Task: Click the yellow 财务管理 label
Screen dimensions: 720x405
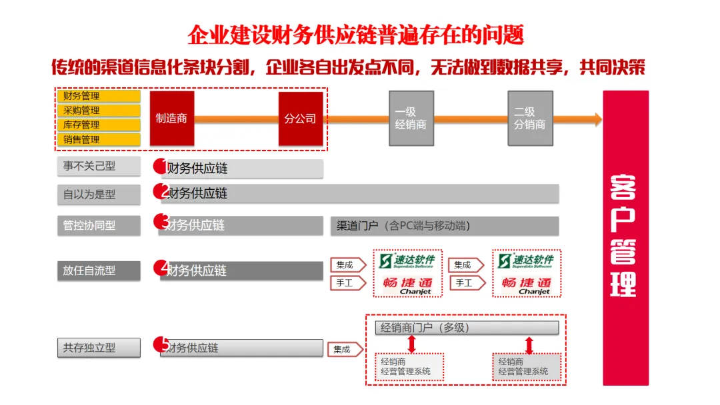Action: click(x=98, y=96)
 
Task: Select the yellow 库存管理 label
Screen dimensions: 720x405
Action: click(x=98, y=125)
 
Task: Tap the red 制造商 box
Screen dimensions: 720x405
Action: click(x=171, y=119)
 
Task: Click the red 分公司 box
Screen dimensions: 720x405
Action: click(x=300, y=119)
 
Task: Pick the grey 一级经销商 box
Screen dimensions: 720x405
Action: click(x=411, y=119)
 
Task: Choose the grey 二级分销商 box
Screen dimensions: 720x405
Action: click(x=530, y=119)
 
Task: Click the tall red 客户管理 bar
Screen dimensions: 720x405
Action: click(x=625, y=238)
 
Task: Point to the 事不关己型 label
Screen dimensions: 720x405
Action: click(x=98, y=166)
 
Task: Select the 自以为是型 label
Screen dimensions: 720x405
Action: click(x=98, y=195)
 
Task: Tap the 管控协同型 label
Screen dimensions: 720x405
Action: click(x=98, y=225)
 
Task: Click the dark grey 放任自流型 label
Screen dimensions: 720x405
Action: click(x=98, y=270)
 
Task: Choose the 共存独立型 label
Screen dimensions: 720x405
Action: click(x=98, y=348)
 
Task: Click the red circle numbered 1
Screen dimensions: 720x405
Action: click(x=160, y=165)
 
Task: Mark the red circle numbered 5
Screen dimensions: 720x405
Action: click(x=161, y=344)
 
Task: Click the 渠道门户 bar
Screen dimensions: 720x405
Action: click(x=444, y=226)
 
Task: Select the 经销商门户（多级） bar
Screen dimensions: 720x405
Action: click(x=462, y=328)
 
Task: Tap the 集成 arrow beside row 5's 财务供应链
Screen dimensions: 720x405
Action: click(x=345, y=349)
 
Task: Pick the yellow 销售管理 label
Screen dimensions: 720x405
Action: click(x=98, y=139)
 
